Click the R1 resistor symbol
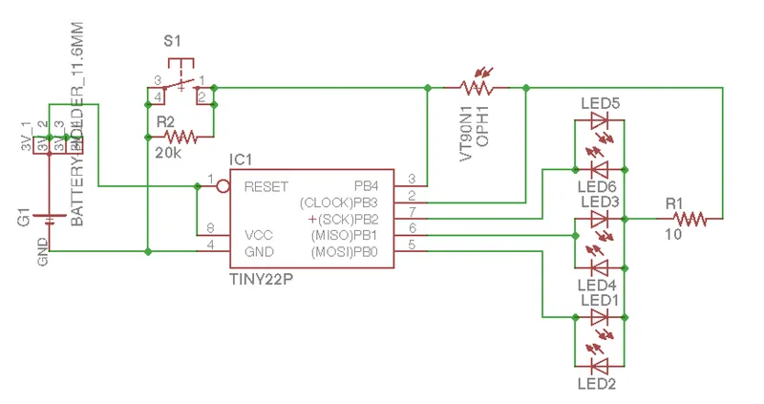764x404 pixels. (690, 219)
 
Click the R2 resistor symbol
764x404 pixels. (180, 136)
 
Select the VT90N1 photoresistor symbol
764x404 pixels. (477, 87)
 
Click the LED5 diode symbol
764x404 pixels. (600, 121)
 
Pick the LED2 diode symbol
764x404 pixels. (600, 365)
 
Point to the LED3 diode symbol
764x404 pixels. (600, 219)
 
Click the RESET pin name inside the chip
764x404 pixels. (266, 186)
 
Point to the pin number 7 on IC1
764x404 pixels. (412, 210)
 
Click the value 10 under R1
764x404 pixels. (673, 236)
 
